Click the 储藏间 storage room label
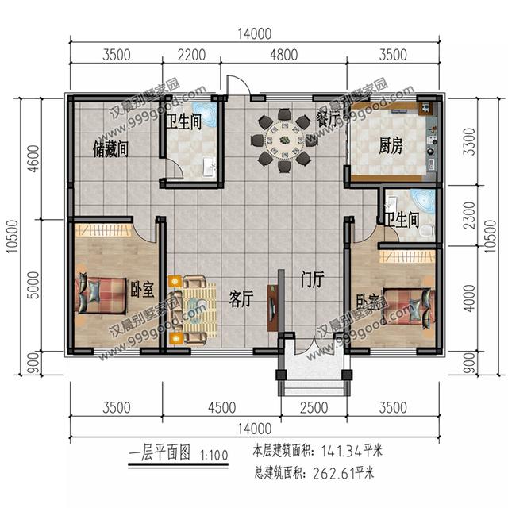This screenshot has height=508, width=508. pos(110,149)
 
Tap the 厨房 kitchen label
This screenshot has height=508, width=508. pos(391,146)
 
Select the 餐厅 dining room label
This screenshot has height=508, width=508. pos(326,119)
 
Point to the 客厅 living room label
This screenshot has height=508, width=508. pos(241,298)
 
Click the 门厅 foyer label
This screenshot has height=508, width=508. pos(312,280)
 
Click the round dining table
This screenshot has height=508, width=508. pos(284,140)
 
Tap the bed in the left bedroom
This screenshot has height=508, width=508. pos(101,295)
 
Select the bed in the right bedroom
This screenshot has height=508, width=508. pos(409,306)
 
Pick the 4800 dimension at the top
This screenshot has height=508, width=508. pos(284,55)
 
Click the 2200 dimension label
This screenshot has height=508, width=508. pos(191,55)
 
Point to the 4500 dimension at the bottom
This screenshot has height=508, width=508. pos(222,407)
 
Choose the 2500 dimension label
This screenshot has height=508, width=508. pos(314,407)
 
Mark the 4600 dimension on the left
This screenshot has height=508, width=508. pos(33,159)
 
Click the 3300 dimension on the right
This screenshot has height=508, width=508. pos(469,141)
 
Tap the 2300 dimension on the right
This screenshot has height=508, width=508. pos(469,215)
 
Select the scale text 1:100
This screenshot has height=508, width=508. pos(214,456)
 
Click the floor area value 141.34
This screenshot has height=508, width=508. pos(341,451)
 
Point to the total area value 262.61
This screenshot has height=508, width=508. pos(333,474)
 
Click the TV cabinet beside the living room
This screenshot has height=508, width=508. pos(271,308)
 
